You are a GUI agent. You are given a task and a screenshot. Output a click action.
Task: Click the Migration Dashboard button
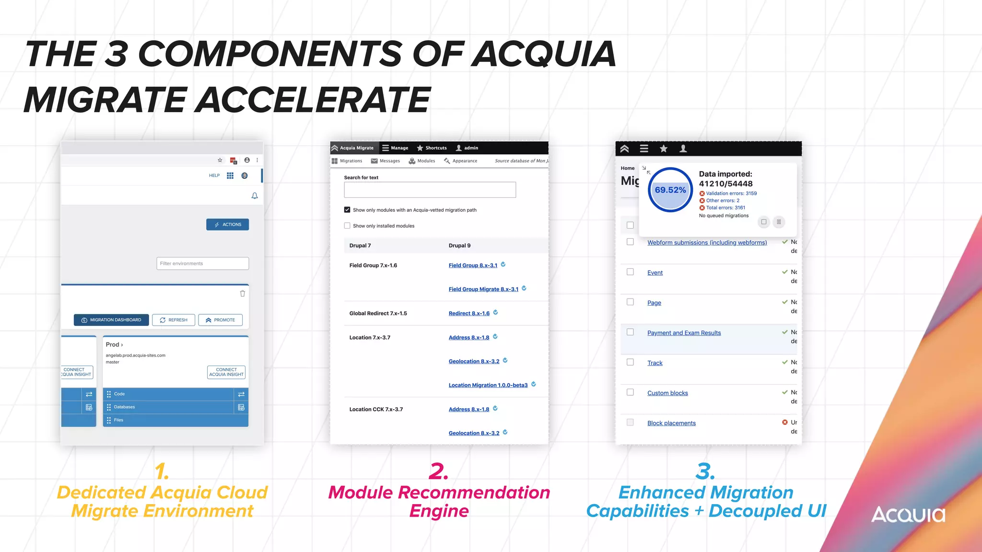pos(111,320)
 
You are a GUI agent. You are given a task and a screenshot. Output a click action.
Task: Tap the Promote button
pos(221,320)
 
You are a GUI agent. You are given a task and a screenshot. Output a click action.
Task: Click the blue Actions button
pos(228,225)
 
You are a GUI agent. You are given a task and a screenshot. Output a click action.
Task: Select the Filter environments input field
pos(202,264)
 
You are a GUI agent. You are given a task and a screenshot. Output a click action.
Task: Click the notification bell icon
pos(255,196)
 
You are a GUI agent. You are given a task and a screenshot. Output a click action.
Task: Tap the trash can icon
pos(243,294)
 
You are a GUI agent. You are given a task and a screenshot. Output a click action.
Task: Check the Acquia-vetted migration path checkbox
pos(347,210)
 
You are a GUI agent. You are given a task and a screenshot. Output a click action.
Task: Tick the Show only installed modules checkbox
pos(347,226)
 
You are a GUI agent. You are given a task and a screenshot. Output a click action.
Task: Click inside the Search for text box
pos(430,190)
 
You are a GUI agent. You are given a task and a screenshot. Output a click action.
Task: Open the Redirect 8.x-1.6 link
pos(469,313)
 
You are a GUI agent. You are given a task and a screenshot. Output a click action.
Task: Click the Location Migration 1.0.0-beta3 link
pos(488,385)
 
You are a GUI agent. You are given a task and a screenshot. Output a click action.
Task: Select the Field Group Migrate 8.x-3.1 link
pos(483,289)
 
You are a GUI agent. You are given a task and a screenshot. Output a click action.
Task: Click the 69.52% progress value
pos(670,190)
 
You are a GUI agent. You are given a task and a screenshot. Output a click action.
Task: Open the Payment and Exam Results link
pos(684,333)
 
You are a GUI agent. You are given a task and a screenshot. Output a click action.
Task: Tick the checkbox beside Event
pos(630,272)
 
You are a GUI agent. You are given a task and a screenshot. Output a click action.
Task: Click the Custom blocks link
pos(667,393)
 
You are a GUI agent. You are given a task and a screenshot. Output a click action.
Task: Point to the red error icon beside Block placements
pos(785,423)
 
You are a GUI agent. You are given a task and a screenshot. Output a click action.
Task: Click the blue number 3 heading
pos(705,471)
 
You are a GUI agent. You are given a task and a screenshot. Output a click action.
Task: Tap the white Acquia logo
pos(908,515)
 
